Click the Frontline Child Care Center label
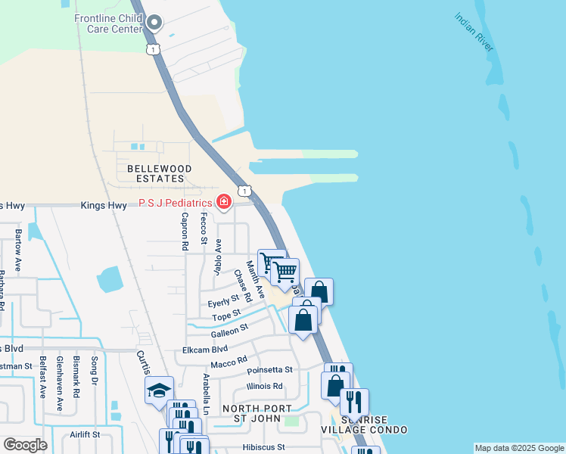[x=107, y=23]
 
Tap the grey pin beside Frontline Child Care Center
[x=154, y=22]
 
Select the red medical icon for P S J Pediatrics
[x=223, y=202]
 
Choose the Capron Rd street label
[x=184, y=231]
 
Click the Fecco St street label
[x=204, y=229]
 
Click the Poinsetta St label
[x=269, y=369]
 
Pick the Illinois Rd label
[x=264, y=386]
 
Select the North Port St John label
[x=257, y=414]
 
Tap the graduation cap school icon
[x=159, y=390]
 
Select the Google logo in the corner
[x=25, y=445]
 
